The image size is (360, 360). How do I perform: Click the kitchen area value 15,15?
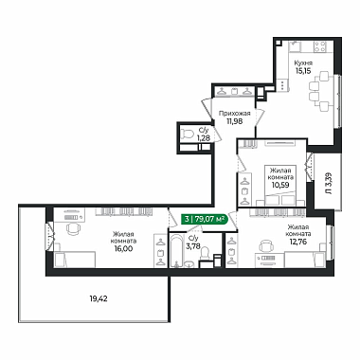tap(303, 70)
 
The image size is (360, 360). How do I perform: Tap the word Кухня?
tap(303, 63)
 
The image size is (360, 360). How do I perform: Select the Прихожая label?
tap(234, 114)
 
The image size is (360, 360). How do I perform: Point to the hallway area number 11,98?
tap(234, 121)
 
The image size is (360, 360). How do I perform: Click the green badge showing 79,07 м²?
tap(204, 219)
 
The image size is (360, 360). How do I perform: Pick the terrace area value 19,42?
tap(99, 298)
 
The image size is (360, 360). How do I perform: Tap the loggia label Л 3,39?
tap(329, 183)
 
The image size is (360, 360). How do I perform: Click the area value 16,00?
tap(123, 248)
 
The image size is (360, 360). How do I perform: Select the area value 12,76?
tap(298, 242)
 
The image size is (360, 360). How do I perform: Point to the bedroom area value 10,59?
tap(280, 185)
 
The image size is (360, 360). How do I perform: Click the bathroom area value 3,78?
tap(193, 246)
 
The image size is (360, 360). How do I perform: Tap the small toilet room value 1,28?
tap(204, 137)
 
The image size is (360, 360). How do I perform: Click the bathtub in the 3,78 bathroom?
tap(175, 251)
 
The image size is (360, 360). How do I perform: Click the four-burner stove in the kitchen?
tap(319, 46)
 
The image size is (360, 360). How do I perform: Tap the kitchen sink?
tap(296, 46)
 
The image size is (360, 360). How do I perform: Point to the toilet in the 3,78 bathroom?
tap(206, 253)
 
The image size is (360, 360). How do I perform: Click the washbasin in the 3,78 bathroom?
tap(189, 264)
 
